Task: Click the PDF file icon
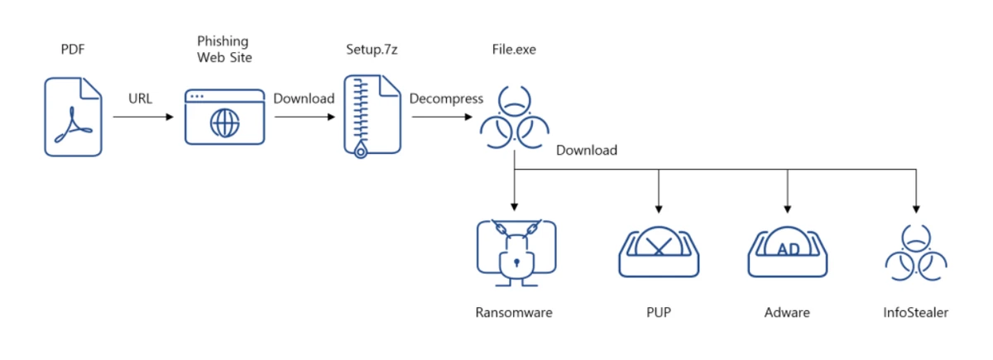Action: point(74,116)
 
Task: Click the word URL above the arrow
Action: point(141,99)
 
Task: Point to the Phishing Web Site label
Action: point(222,49)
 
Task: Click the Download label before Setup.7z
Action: point(304,98)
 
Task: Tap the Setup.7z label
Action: point(372,50)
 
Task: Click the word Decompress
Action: point(446,98)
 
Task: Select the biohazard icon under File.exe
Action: point(514,119)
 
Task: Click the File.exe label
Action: point(514,50)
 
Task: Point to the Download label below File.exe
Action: point(587,151)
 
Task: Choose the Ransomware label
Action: point(514,313)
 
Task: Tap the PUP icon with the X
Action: point(659,249)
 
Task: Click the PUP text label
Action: point(659,313)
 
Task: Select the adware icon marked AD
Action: point(787,249)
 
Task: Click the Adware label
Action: point(787,313)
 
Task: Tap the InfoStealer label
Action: point(915,313)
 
